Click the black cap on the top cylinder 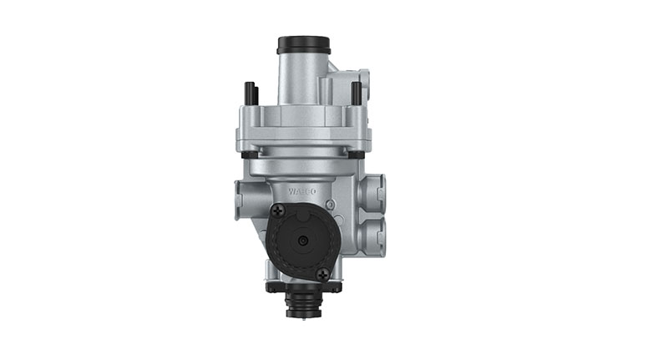click(x=304, y=43)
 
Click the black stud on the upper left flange click(x=249, y=92)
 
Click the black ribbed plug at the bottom click(x=303, y=302)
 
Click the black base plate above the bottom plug click(x=304, y=286)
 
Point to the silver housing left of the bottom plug click(x=276, y=271)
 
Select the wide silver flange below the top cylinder click(x=304, y=125)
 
